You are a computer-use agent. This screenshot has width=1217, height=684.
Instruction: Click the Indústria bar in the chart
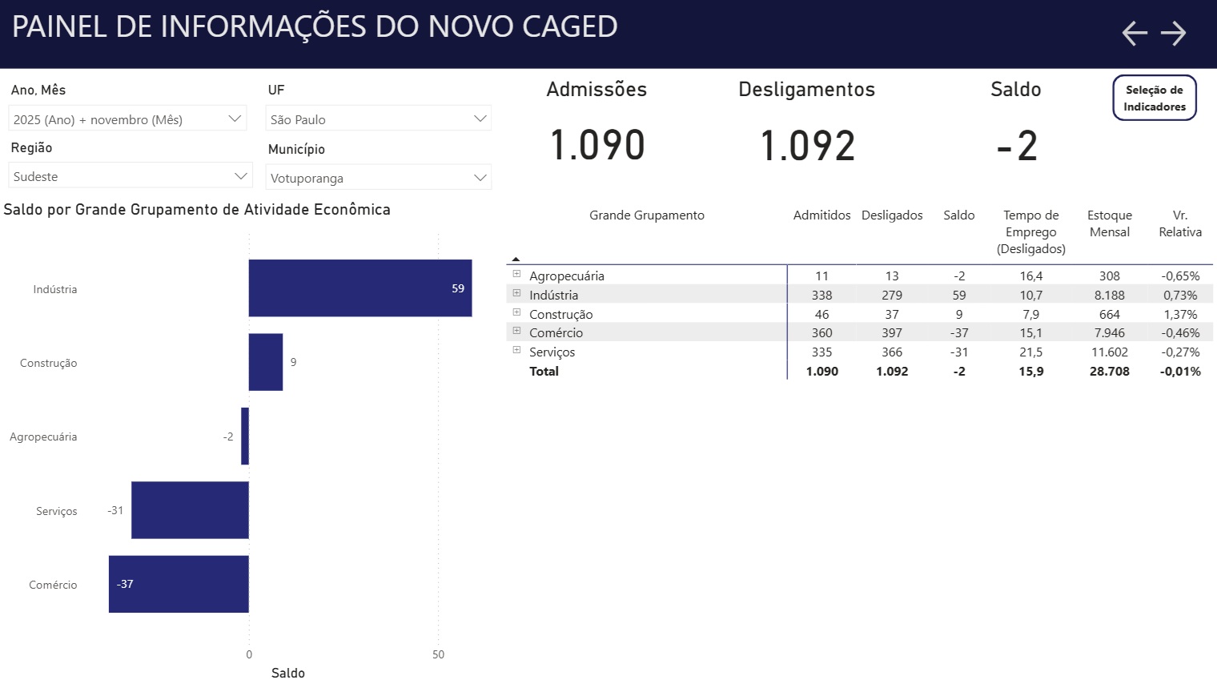tap(359, 288)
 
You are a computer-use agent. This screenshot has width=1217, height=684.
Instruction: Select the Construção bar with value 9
tap(266, 362)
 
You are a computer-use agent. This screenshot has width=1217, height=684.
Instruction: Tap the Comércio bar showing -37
tap(179, 584)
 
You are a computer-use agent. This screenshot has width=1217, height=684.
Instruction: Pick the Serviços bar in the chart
tap(190, 510)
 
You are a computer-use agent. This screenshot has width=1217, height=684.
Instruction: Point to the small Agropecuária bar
tap(245, 437)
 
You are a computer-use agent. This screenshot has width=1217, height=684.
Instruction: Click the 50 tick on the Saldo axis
tap(438, 654)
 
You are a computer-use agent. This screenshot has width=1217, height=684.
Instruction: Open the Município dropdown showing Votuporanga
tap(378, 178)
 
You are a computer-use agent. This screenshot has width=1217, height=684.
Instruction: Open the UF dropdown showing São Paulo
tap(378, 119)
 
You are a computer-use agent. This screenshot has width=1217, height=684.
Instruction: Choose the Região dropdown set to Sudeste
tap(130, 176)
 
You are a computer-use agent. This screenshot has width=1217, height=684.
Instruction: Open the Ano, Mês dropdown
tap(127, 119)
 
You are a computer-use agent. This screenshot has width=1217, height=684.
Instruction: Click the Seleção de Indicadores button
tap(1154, 98)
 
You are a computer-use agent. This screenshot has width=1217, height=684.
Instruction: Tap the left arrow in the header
tap(1135, 33)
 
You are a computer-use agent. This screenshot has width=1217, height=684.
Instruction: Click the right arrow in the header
tap(1173, 33)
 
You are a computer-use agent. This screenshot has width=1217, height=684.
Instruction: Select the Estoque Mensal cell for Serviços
tap(1109, 352)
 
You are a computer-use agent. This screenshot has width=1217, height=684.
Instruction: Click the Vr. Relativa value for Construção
tap(1180, 314)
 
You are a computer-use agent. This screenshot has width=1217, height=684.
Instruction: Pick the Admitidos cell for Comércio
tap(821, 332)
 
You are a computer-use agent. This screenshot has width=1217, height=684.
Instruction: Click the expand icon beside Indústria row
tap(516, 293)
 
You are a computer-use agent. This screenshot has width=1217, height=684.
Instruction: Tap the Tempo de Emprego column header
tap(1030, 231)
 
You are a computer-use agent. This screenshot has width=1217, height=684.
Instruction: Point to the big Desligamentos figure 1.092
tap(807, 146)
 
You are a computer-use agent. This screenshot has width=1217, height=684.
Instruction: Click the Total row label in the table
tap(544, 371)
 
